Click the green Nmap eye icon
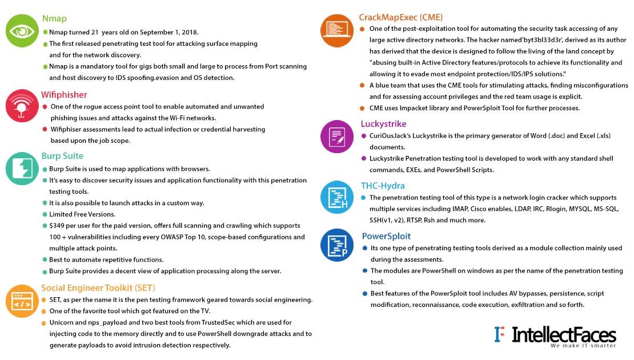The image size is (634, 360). pos(22,30)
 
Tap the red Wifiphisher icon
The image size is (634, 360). pos(22,105)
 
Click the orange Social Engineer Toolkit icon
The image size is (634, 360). pos(22,301)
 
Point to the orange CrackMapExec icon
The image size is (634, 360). pos(337,30)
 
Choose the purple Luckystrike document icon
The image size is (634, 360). pos(337,137)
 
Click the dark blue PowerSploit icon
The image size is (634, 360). pos(337,245)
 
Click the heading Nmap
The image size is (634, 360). pos(54,18)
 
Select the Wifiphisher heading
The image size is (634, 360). pos(64,95)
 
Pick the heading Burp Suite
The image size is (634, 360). pos(62,156)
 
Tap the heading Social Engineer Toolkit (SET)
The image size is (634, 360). pos(98,287)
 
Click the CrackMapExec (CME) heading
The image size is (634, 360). pos(401,17)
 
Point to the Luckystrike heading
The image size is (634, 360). pos(383,123)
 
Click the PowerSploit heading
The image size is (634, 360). pos(386,236)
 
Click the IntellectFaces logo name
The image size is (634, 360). pos(564,334)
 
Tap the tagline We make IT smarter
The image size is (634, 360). pos(583,346)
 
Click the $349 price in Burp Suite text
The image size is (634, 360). pos(58,226)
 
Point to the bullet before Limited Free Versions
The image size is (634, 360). pos(45,214)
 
